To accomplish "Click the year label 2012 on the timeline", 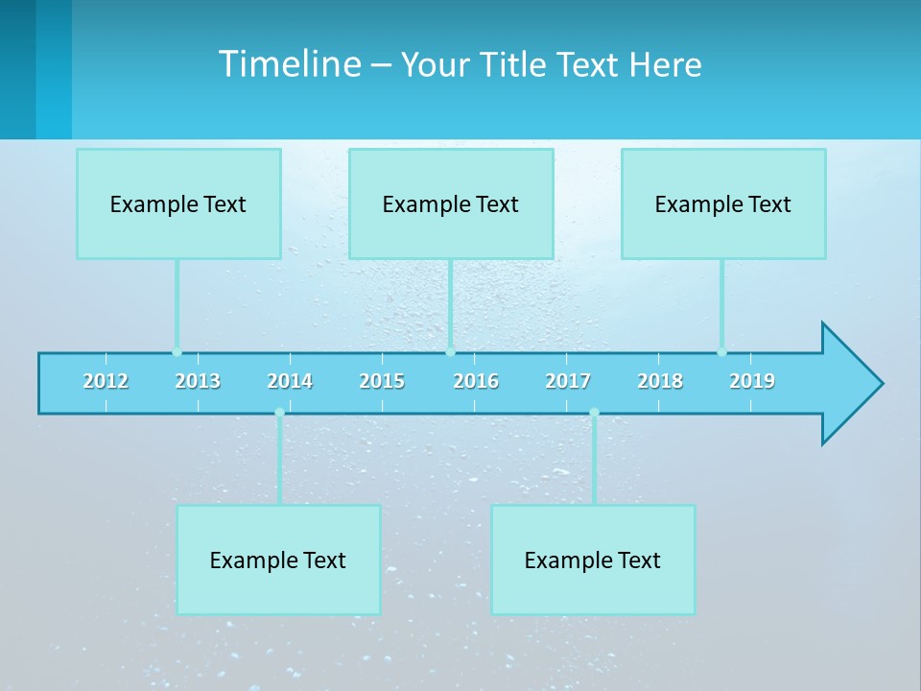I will [106, 381].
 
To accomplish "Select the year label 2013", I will [198, 381].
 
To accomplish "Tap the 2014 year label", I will [290, 381].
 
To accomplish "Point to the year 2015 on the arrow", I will [382, 381].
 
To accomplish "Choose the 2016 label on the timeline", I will [476, 381].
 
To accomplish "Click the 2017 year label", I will [568, 381].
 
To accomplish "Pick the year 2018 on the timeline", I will [660, 381].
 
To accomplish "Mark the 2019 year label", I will [752, 381].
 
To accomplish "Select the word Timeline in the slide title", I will [289, 64].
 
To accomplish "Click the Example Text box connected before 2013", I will [178, 203].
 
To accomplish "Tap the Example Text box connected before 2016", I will [451, 203].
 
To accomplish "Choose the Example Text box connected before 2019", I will [723, 203].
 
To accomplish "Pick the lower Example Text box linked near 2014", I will [278, 560].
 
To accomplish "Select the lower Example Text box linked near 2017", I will [593, 560].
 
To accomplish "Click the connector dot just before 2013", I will [177, 352].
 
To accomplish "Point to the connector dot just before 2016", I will [451, 352].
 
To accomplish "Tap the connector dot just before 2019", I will [721, 352].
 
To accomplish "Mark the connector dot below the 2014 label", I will [279, 413].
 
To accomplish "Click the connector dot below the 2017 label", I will [594, 413].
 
